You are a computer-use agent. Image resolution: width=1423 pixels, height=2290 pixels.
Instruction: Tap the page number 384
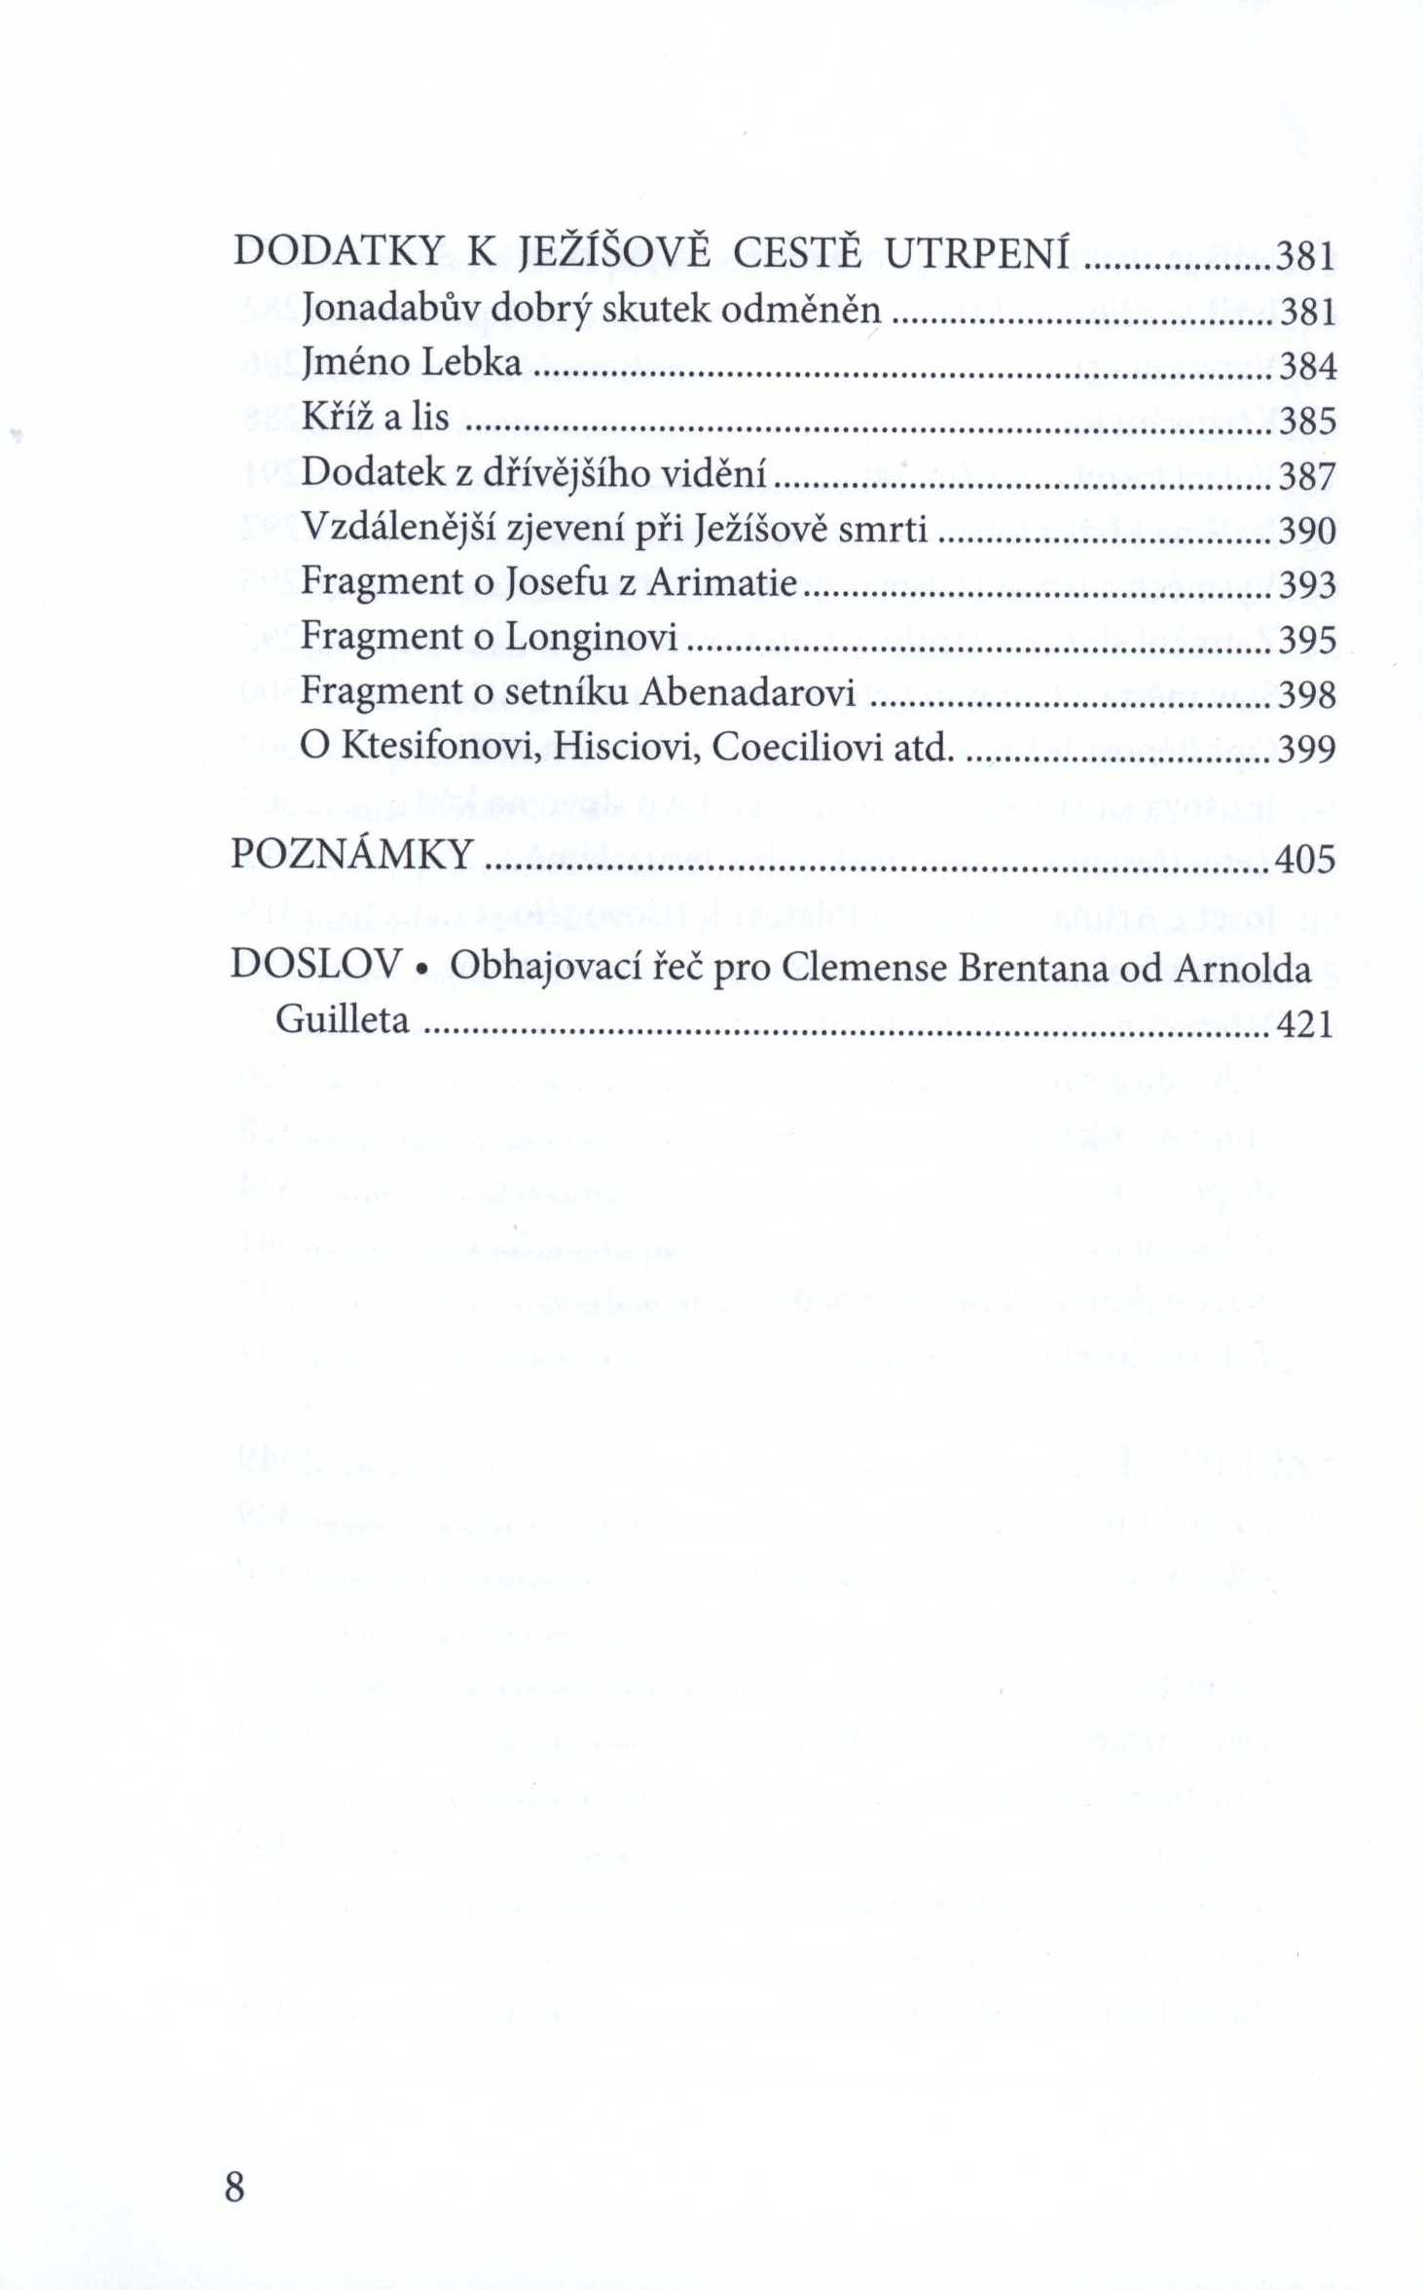pos(1307,366)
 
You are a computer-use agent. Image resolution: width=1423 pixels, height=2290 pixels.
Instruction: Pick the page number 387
pos(1307,476)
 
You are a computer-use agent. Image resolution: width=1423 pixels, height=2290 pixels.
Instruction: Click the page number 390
pos(1307,531)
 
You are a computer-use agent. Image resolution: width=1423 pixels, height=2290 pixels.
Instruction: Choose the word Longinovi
pos(591,638)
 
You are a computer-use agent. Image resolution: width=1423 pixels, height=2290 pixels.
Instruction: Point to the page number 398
pos(1307,694)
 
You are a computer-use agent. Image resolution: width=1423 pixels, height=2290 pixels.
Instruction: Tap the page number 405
pos(1304,859)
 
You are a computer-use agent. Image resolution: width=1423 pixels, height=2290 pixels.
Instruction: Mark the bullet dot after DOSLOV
pos(422,969)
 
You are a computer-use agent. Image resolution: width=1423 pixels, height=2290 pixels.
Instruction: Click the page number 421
pos(1304,1023)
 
